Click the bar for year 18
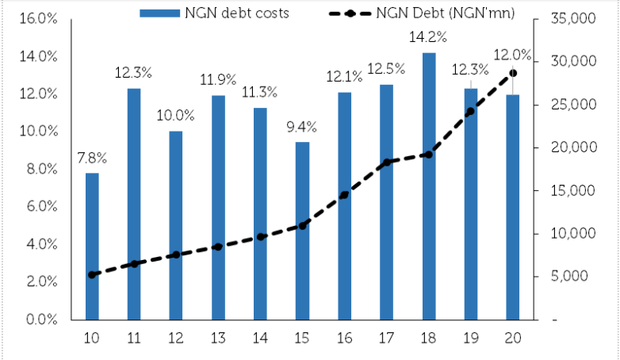pos(428,186)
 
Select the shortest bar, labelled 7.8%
pos(92,246)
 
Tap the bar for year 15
pos(302,230)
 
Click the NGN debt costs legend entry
pos(201,13)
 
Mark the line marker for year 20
pos(513,73)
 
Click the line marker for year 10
pos(92,275)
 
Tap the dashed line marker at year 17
pos(386,163)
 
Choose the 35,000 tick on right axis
pos(572,18)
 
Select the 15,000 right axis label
pos(572,190)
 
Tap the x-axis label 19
pos(470,339)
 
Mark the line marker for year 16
pos(344,195)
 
